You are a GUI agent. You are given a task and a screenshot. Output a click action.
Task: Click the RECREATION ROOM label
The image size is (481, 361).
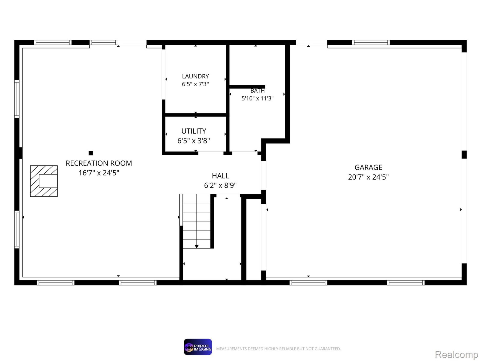pyautogui.click(x=99, y=163)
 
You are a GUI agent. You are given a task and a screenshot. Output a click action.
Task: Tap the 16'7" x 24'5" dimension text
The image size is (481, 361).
pyautogui.click(x=99, y=173)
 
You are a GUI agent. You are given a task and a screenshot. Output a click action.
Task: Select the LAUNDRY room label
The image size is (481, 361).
pyautogui.click(x=195, y=76)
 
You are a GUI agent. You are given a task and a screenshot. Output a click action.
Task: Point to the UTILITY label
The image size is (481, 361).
pyautogui.click(x=194, y=131)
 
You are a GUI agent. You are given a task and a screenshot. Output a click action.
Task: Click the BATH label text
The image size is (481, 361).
pyautogui.click(x=257, y=91)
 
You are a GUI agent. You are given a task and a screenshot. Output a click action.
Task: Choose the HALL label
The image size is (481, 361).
pyautogui.click(x=220, y=176)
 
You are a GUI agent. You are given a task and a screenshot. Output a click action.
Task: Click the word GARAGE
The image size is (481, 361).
pyautogui.click(x=368, y=168)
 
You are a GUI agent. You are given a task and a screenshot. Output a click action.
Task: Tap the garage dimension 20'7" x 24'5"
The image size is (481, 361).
pyautogui.click(x=368, y=177)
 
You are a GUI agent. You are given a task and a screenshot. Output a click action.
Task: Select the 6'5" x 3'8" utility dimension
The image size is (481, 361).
pyautogui.click(x=194, y=141)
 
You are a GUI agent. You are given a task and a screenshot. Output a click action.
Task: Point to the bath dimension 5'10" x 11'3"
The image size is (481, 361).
pyautogui.click(x=257, y=98)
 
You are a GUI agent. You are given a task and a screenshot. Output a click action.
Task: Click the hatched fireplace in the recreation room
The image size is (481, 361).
pyautogui.click(x=44, y=181)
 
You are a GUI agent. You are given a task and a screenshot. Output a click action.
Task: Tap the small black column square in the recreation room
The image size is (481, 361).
pyautogui.click(x=91, y=153)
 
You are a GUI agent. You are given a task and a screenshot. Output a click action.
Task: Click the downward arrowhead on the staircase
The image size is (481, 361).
pyautogui.click(x=197, y=247)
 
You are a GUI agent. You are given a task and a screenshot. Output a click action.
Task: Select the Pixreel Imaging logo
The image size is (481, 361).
pyautogui.click(x=198, y=347)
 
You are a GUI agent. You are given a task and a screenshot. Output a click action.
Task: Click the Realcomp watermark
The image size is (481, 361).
pyautogui.click(x=456, y=354)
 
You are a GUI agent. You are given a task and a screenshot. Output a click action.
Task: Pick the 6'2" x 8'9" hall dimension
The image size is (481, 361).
pyautogui.click(x=220, y=185)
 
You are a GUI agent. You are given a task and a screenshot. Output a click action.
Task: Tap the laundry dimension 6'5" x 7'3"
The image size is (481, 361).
pyautogui.click(x=195, y=84)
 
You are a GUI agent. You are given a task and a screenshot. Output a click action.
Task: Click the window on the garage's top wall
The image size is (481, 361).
pyautogui.click(x=371, y=42)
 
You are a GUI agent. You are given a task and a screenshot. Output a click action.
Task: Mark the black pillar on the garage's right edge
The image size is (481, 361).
pyautogui.click(x=464, y=155)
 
